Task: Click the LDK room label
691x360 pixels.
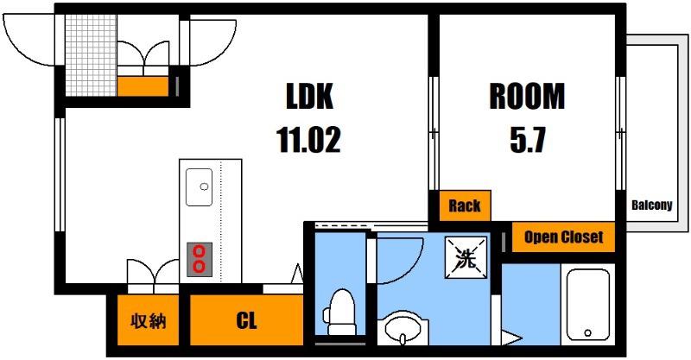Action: (x=309, y=96)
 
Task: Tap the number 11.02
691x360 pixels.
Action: (x=308, y=139)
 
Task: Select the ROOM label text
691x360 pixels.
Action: (x=527, y=96)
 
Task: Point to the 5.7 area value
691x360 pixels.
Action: (x=528, y=139)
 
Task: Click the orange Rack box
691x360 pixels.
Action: (x=465, y=205)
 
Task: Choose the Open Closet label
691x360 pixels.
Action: (x=563, y=237)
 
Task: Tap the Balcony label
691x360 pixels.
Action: (x=652, y=205)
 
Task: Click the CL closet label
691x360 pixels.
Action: (x=246, y=320)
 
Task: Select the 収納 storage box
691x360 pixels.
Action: (x=148, y=320)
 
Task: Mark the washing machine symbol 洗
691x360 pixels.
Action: (x=466, y=258)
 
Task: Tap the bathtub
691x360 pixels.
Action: (x=587, y=305)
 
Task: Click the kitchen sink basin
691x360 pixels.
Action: (x=200, y=186)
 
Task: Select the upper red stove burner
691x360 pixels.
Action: (x=200, y=251)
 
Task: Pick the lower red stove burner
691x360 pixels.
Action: (x=200, y=267)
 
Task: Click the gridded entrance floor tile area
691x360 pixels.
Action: (x=92, y=55)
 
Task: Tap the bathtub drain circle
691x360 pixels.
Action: (x=587, y=332)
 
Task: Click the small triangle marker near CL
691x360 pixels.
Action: (x=297, y=273)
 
